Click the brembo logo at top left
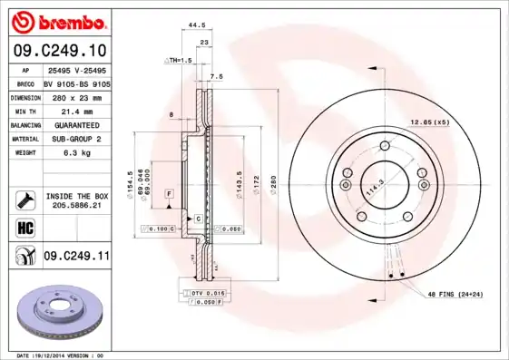point(55,21)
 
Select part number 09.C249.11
point(76,257)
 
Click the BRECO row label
point(25,83)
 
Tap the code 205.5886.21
point(76,206)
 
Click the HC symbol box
point(24,227)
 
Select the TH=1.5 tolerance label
point(179,60)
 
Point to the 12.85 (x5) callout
point(429,121)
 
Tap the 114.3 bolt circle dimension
point(372,191)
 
